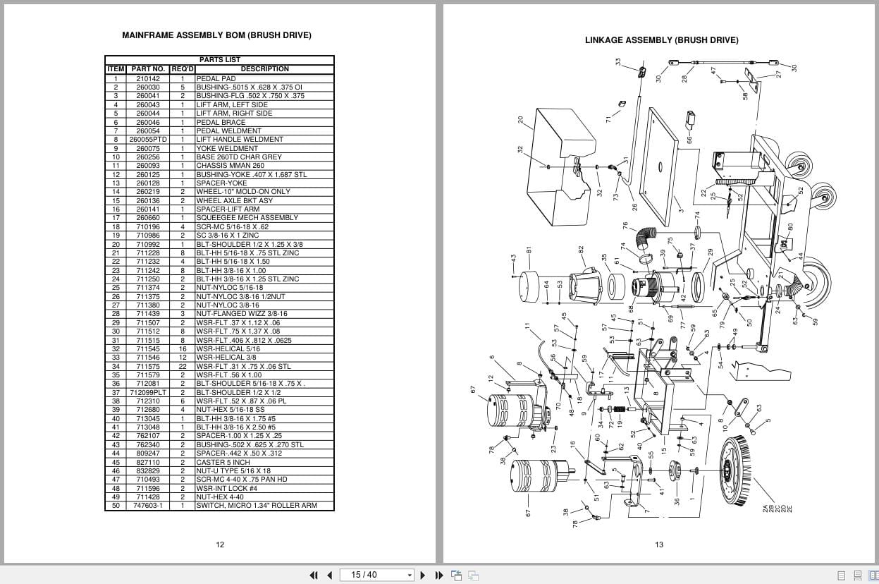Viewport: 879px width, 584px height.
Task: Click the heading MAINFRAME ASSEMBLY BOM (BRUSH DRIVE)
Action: coord(216,35)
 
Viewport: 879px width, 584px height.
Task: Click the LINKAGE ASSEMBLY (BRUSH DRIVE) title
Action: coord(661,40)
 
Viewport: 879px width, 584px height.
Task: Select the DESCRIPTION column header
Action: coord(264,69)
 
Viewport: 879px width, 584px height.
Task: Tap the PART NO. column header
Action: coord(148,69)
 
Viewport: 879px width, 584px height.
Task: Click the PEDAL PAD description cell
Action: coord(216,78)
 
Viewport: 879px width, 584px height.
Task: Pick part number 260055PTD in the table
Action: coord(148,140)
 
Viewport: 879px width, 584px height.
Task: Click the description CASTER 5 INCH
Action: coord(223,462)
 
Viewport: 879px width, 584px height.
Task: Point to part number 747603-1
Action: coord(148,506)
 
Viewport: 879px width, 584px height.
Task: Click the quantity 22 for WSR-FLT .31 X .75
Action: coord(182,366)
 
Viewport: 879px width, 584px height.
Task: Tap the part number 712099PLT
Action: coord(148,392)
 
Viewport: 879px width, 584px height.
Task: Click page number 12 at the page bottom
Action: coord(220,544)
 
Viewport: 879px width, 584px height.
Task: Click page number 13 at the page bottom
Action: coord(659,544)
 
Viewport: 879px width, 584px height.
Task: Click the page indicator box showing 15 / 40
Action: coord(376,575)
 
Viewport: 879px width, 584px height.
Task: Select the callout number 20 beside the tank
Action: coord(521,120)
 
